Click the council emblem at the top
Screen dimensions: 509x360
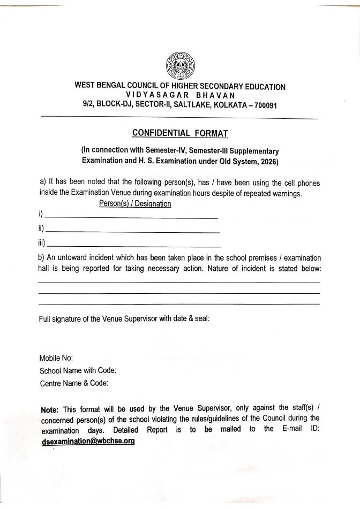tap(180, 65)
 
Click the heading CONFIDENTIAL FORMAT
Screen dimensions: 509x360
tap(180, 133)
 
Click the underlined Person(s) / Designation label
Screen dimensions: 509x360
tap(135, 204)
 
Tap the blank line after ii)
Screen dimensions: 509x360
tap(133, 231)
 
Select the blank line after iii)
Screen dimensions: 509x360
tap(134, 246)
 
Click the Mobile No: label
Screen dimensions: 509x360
tap(56, 358)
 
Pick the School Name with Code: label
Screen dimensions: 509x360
tap(78, 370)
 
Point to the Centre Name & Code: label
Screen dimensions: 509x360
tap(74, 383)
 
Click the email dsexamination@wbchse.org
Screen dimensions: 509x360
tap(88, 442)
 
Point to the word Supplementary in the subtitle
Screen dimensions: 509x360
tap(255, 150)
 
